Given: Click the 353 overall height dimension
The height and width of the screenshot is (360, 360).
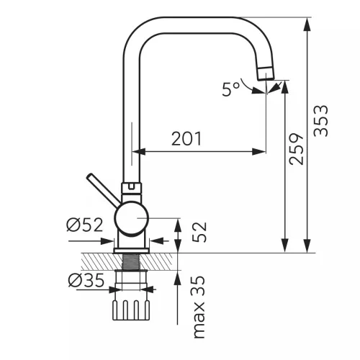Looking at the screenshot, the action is (321, 121).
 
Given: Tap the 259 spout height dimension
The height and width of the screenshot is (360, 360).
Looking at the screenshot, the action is (297, 149).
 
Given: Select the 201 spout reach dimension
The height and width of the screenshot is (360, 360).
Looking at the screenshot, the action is (186, 139).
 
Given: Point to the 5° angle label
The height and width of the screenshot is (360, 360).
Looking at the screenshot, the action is (230, 89).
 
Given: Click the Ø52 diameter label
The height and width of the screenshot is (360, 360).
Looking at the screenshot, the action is (85, 225).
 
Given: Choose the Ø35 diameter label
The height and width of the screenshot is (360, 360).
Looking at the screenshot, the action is (86, 280).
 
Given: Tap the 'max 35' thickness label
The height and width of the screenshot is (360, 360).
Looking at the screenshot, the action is (199, 307).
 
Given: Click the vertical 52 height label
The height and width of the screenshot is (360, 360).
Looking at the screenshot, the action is (199, 232).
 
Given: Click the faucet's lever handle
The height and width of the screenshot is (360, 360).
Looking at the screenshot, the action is (103, 189).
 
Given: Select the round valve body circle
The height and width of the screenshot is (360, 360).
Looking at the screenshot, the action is (132, 219).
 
